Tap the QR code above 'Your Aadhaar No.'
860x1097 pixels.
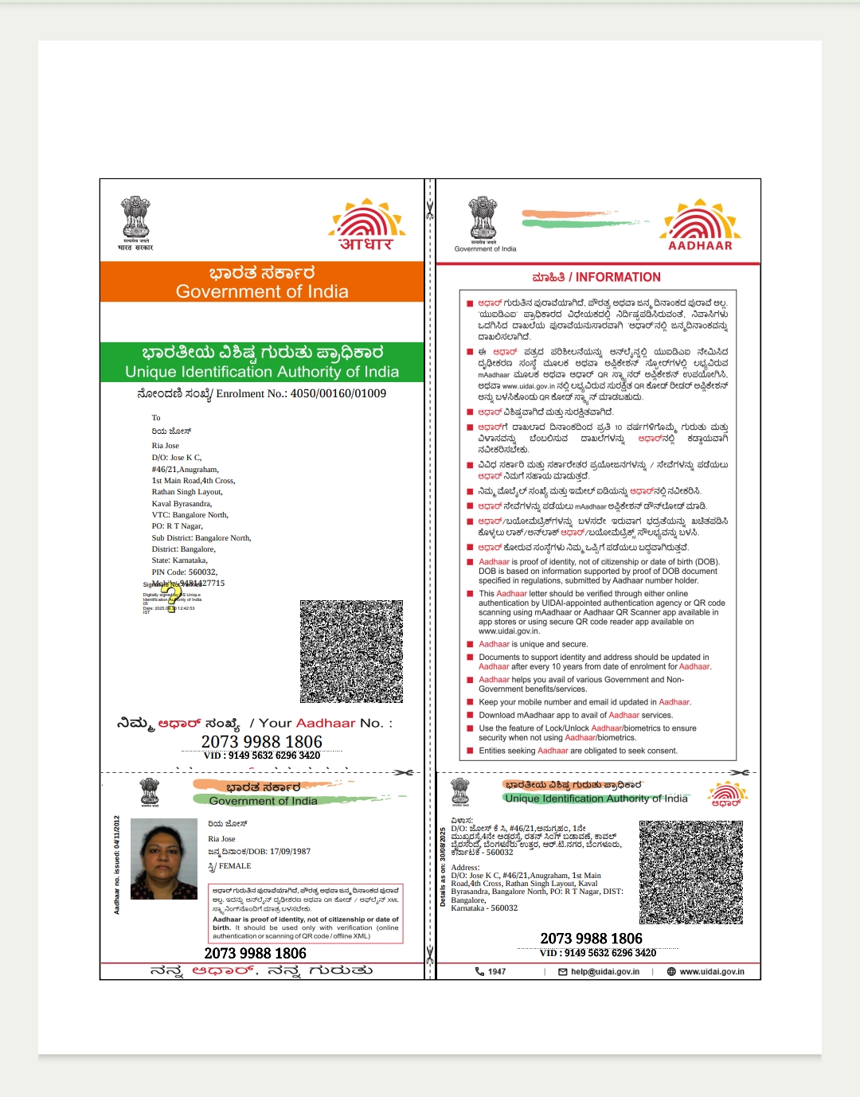(x=351, y=651)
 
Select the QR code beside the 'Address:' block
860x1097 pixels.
(x=690, y=873)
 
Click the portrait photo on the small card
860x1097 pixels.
(x=164, y=858)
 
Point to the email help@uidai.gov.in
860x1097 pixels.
(x=604, y=971)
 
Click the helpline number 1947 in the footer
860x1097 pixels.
(x=496, y=971)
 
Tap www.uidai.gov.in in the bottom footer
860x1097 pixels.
(x=711, y=971)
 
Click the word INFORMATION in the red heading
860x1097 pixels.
(x=618, y=277)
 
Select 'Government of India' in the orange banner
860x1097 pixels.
(x=262, y=291)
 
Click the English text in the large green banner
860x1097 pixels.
(x=262, y=372)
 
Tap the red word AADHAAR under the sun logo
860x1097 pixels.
(x=700, y=245)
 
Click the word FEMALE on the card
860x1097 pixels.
(x=235, y=866)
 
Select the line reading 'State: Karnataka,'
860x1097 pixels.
(x=179, y=560)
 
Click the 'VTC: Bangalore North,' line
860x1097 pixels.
(x=190, y=515)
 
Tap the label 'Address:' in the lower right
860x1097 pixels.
(x=465, y=868)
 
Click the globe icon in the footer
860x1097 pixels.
(x=671, y=971)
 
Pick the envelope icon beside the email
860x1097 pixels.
(x=563, y=971)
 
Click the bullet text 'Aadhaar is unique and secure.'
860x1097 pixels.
(x=533, y=644)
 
